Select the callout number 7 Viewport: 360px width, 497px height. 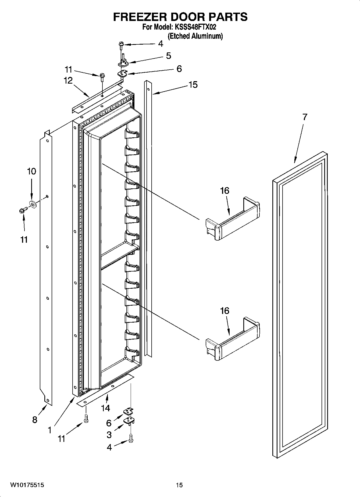click(x=305, y=117)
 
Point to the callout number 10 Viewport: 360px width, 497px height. click(x=31, y=171)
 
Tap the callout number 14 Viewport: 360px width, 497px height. click(x=105, y=408)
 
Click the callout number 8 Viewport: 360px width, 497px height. click(x=35, y=420)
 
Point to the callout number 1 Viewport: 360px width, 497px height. click(x=49, y=430)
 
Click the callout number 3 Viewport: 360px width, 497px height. click(x=109, y=434)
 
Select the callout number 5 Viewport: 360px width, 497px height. click(x=168, y=56)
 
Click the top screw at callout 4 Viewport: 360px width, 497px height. click(x=121, y=45)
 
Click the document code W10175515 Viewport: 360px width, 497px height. click(x=27, y=485)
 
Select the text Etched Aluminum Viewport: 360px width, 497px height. click(x=195, y=36)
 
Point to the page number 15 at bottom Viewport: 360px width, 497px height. click(x=179, y=485)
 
